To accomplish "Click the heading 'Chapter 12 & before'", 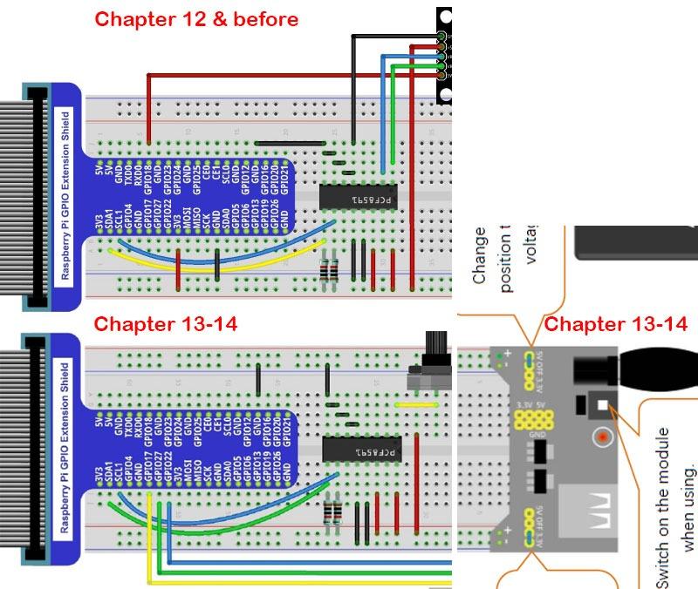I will (196, 19).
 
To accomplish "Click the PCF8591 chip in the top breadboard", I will (359, 197).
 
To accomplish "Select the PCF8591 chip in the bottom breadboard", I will (359, 450).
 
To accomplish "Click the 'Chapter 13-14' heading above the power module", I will (616, 325).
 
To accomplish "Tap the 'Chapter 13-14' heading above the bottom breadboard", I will (166, 324).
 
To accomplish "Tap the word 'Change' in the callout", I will (479, 257).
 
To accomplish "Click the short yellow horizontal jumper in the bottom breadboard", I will (415, 404).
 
